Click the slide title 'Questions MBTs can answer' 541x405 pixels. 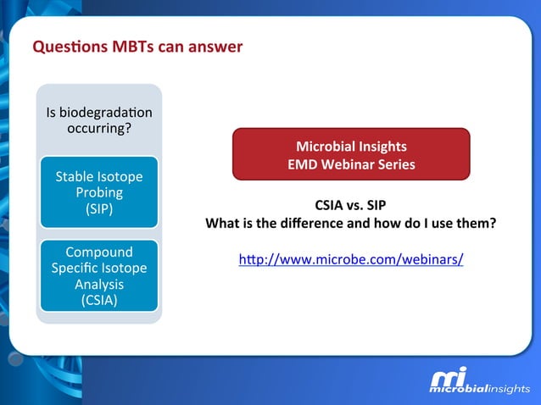click(x=137, y=47)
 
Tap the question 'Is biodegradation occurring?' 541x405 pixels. click(x=98, y=120)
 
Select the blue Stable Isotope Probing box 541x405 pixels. click(x=98, y=192)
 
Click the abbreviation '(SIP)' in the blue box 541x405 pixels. click(x=99, y=208)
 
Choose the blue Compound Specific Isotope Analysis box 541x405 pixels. click(x=98, y=275)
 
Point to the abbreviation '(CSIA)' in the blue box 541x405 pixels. click(x=99, y=299)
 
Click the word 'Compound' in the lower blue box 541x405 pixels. click(x=99, y=252)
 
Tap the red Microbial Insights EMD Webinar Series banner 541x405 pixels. click(x=351, y=154)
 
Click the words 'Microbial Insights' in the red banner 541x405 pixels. click(x=351, y=146)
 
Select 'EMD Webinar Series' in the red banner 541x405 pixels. click(x=351, y=164)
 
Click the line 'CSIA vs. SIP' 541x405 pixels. click(x=351, y=206)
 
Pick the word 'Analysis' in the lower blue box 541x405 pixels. click(x=99, y=284)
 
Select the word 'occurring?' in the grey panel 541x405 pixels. click(x=99, y=128)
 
